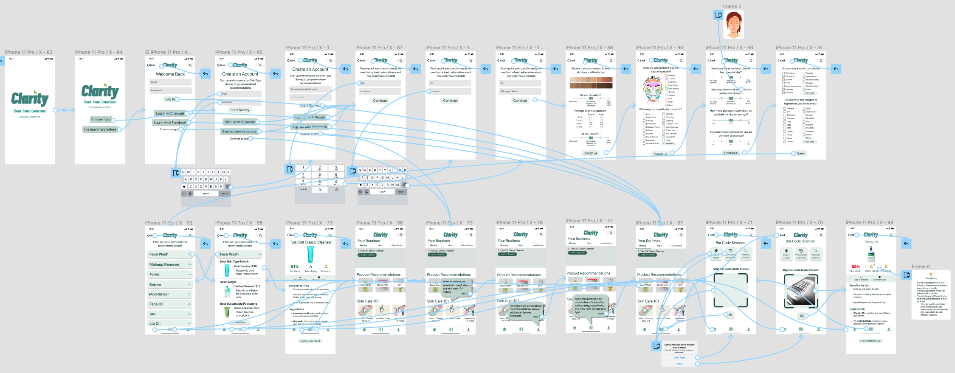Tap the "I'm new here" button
point(101,119)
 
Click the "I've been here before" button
point(100,129)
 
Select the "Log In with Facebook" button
point(170,123)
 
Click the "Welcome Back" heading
point(170,74)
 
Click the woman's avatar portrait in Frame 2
point(733,25)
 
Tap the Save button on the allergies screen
point(800,153)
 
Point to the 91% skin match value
point(295,267)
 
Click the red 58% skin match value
point(856,267)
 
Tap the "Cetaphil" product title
point(871,242)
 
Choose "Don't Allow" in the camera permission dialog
point(679,358)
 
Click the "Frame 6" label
point(921,266)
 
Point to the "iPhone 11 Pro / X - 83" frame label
point(29,52)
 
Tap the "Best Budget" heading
point(228,282)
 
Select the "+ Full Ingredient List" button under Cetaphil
point(871,341)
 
